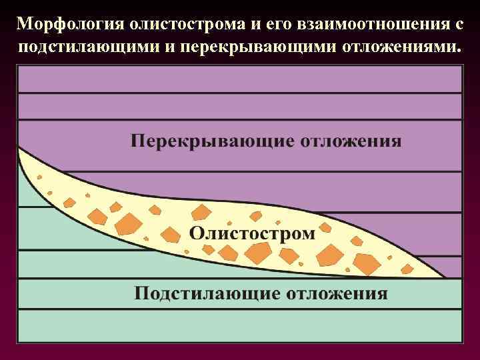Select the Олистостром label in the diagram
pyautogui.click(x=252, y=233)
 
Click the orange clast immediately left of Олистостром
pyautogui.click(x=171, y=235)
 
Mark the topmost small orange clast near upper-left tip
pyautogui.click(x=39, y=177)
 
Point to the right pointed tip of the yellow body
pyautogui.click(x=445, y=277)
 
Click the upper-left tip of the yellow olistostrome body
pyautogui.click(x=20, y=149)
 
